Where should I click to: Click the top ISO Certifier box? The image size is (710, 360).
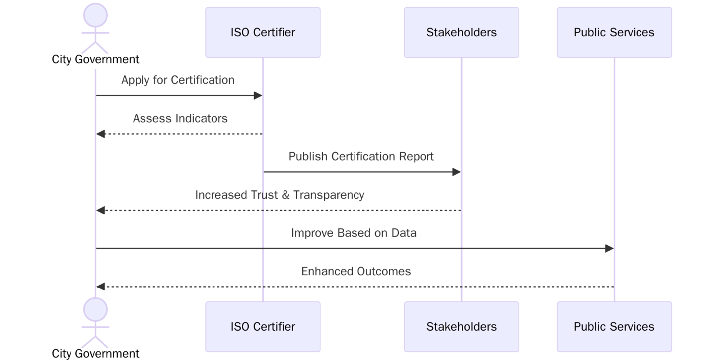(263, 32)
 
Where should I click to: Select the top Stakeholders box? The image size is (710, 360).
(461, 32)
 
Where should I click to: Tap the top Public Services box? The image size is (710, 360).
(614, 32)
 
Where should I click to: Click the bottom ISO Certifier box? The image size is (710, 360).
(263, 327)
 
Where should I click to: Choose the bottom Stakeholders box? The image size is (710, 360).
(461, 327)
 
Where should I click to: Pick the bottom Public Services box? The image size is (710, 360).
(614, 327)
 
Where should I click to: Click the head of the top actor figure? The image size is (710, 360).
(95, 15)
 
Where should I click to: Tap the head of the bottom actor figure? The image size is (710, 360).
(95, 309)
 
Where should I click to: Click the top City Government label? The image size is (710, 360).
(95, 59)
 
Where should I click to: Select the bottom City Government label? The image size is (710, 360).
(95, 354)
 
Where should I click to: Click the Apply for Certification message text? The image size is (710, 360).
(178, 80)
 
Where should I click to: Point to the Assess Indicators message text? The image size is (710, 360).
(180, 118)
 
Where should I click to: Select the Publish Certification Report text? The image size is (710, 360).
(361, 156)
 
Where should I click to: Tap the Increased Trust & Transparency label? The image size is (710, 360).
(280, 195)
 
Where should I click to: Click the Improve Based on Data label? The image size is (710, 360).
(354, 233)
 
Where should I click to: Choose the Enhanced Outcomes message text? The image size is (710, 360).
(356, 271)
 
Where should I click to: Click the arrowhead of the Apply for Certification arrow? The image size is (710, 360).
(258, 95)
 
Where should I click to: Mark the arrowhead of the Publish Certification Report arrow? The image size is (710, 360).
(457, 172)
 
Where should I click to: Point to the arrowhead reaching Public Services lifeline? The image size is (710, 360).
(609, 248)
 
